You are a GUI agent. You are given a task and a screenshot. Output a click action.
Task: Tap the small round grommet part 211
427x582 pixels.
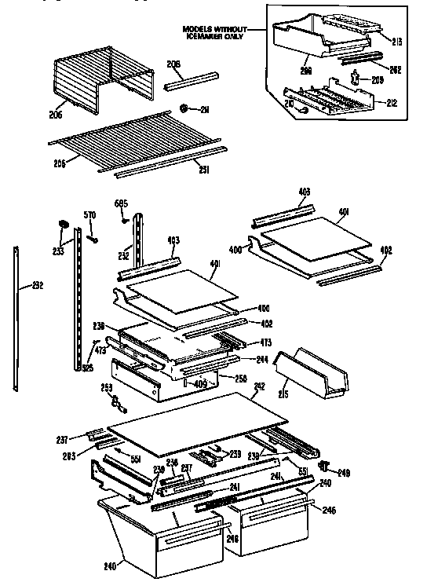tap(182, 108)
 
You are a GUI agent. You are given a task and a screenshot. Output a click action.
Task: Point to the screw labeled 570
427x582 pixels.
tap(92, 239)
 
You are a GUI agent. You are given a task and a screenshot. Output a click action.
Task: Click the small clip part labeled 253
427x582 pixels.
tap(119, 403)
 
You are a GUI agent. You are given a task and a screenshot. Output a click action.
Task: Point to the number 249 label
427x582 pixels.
tap(343, 473)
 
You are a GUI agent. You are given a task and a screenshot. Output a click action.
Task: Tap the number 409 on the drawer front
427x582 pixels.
tap(200, 384)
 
